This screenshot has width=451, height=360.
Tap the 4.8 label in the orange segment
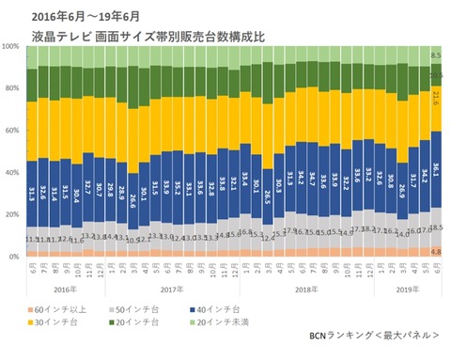pos(435,251)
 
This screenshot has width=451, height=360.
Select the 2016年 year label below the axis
pos(63,290)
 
